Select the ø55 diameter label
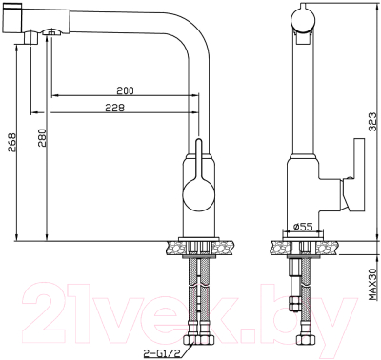pos(302,226)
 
